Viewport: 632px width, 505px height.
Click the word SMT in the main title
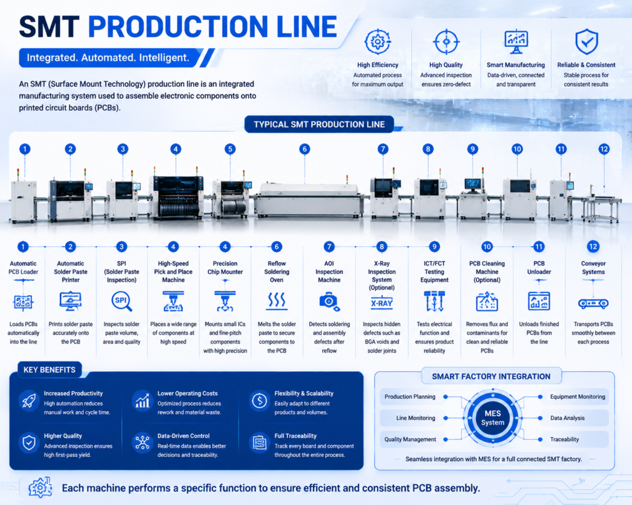click(x=49, y=27)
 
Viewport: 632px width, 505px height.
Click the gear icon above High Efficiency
click(x=378, y=41)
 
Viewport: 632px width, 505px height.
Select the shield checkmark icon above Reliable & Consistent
click(x=586, y=41)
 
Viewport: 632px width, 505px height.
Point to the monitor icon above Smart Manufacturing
click(x=516, y=41)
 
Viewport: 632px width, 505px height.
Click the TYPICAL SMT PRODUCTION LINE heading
click(x=319, y=125)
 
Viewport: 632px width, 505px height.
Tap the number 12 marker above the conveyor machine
click(x=604, y=149)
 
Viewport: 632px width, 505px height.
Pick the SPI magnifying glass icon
click(x=122, y=302)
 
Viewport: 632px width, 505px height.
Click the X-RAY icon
click(x=381, y=303)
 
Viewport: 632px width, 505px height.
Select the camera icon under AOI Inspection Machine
click(x=330, y=302)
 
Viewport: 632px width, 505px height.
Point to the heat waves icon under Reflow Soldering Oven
click(x=276, y=302)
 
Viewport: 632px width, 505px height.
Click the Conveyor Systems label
click(x=593, y=268)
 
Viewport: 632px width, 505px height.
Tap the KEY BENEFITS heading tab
click(x=49, y=370)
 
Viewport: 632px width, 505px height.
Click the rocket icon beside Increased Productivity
click(x=29, y=400)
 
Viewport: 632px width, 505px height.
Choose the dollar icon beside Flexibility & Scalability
click(x=260, y=400)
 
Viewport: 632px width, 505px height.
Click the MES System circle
click(x=493, y=418)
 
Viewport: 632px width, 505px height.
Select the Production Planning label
click(x=410, y=396)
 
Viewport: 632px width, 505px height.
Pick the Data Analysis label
click(x=568, y=418)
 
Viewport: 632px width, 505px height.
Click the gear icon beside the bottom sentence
click(x=40, y=488)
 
